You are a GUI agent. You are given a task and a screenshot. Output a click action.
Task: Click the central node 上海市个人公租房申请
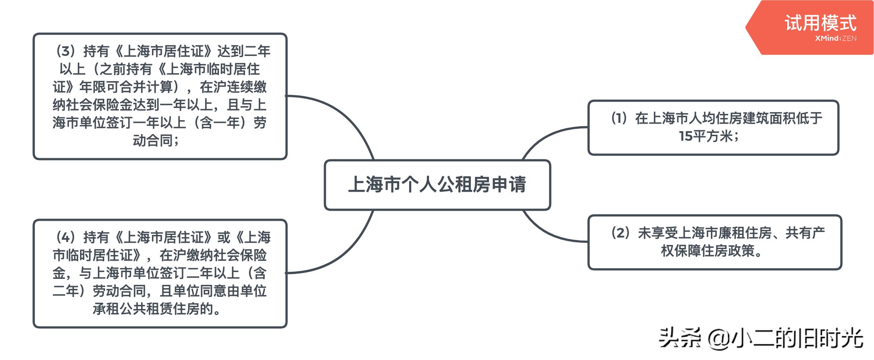click(x=437, y=185)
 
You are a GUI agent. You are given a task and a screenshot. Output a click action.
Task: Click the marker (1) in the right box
click(x=619, y=118)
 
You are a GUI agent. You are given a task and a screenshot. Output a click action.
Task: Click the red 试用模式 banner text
click(x=820, y=23)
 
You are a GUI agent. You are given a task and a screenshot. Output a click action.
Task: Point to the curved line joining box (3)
click(x=343, y=112)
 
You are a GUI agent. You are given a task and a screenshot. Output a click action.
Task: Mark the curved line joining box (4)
click(x=343, y=257)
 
